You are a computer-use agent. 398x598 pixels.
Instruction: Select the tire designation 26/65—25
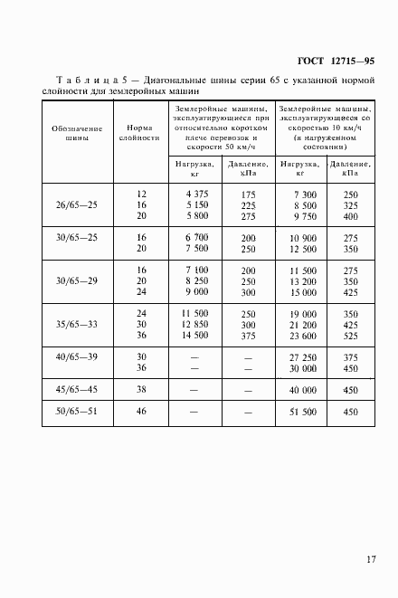(x=77, y=205)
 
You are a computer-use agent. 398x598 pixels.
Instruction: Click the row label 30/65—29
(x=77, y=280)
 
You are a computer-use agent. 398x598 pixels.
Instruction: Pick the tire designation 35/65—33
(x=77, y=324)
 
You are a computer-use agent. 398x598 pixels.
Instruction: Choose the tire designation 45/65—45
(x=77, y=390)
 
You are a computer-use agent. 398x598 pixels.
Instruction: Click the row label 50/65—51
(x=77, y=413)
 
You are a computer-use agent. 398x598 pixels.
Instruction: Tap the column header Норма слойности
(x=141, y=134)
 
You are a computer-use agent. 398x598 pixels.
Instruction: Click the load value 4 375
(x=196, y=195)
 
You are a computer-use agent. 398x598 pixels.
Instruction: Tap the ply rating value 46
(x=141, y=413)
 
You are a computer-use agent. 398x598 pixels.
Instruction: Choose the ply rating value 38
(x=141, y=390)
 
